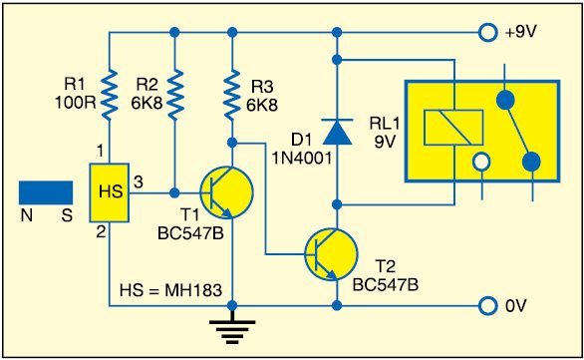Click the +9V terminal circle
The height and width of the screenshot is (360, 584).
point(487,33)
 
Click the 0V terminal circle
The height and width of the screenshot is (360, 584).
point(487,305)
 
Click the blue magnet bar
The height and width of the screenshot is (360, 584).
point(45,189)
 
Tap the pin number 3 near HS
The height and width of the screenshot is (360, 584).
point(139,180)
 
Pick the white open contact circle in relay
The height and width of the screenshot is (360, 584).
point(481,161)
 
